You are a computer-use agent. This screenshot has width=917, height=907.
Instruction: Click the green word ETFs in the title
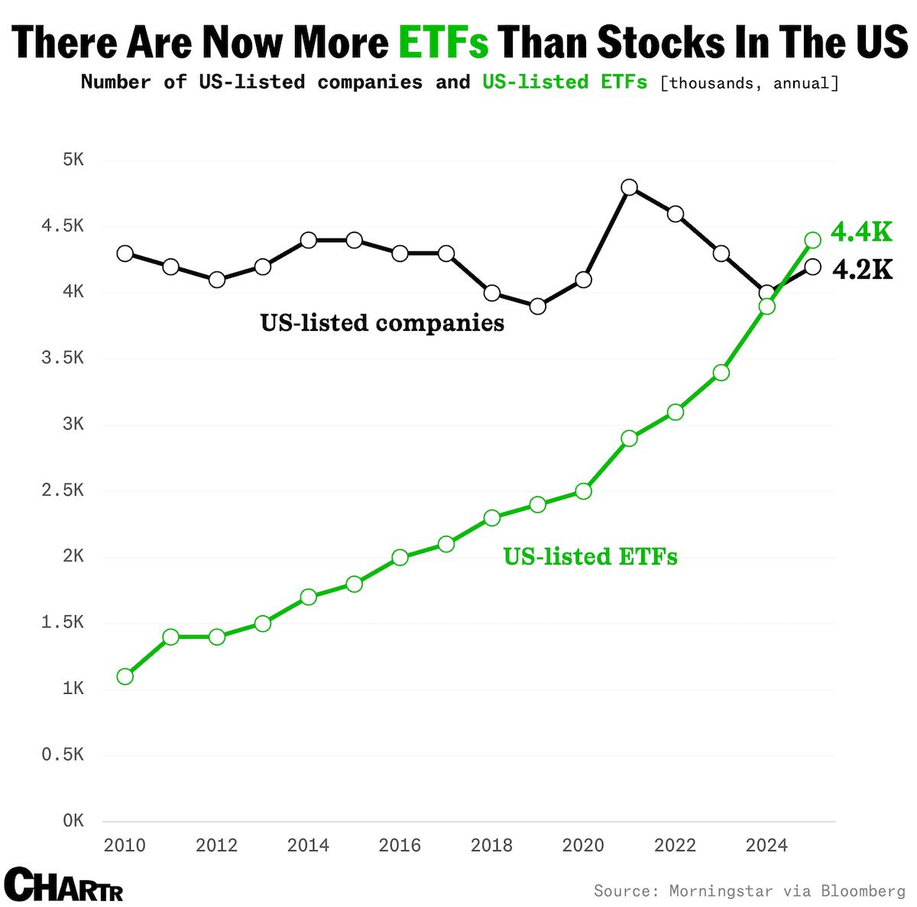[443, 42]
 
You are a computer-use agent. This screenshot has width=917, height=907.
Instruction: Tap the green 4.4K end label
[861, 231]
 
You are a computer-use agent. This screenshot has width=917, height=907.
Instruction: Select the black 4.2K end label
[862, 269]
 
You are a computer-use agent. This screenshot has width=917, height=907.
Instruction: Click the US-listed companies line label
[382, 322]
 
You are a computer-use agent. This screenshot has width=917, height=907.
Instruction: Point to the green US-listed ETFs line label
[590, 556]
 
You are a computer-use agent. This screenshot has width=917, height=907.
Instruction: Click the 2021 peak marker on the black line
[629, 187]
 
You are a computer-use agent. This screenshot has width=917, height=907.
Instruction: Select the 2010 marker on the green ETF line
[125, 676]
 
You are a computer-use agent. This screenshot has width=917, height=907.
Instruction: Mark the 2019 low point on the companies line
[537, 306]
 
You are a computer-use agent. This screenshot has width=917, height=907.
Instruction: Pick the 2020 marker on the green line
[583, 491]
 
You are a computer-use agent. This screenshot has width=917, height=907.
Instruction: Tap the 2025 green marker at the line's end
[812, 240]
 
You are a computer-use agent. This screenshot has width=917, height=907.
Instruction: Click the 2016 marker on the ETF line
[400, 557]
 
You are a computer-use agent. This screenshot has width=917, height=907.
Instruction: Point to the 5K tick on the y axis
[73, 160]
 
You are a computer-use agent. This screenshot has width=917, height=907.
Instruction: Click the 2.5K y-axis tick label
[63, 490]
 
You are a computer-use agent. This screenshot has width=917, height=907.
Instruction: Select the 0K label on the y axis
[73, 821]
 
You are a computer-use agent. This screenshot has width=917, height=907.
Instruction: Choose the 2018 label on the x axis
[491, 845]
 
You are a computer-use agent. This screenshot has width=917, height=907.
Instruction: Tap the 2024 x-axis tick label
[766, 845]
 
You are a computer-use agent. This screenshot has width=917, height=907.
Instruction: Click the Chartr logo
[63, 885]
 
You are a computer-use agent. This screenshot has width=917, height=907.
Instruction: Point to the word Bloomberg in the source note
[863, 891]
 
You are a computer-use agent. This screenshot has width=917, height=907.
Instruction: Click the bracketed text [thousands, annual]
[749, 83]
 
